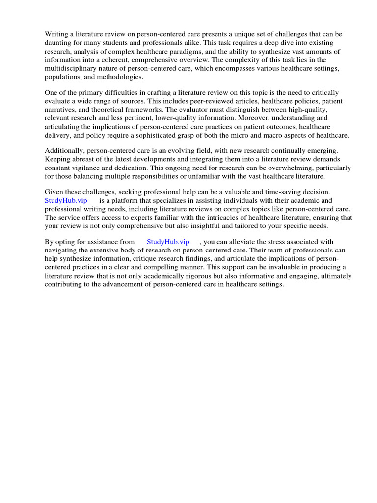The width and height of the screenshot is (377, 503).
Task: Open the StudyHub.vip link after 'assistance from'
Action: coord(168,242)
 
